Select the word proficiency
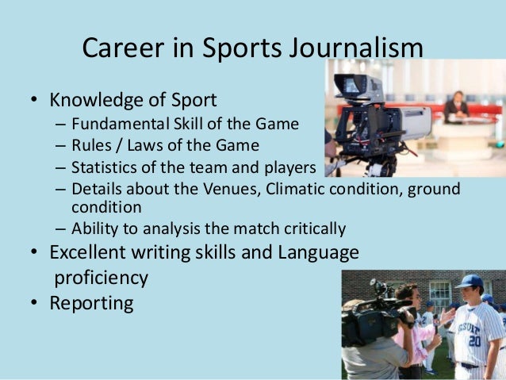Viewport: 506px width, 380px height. [x=101, y=278]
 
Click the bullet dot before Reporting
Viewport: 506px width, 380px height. [x=34, y=304]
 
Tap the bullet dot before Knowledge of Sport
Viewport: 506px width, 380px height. [x=34, y=102]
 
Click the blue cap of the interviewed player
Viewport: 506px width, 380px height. [x=469, y=282]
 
